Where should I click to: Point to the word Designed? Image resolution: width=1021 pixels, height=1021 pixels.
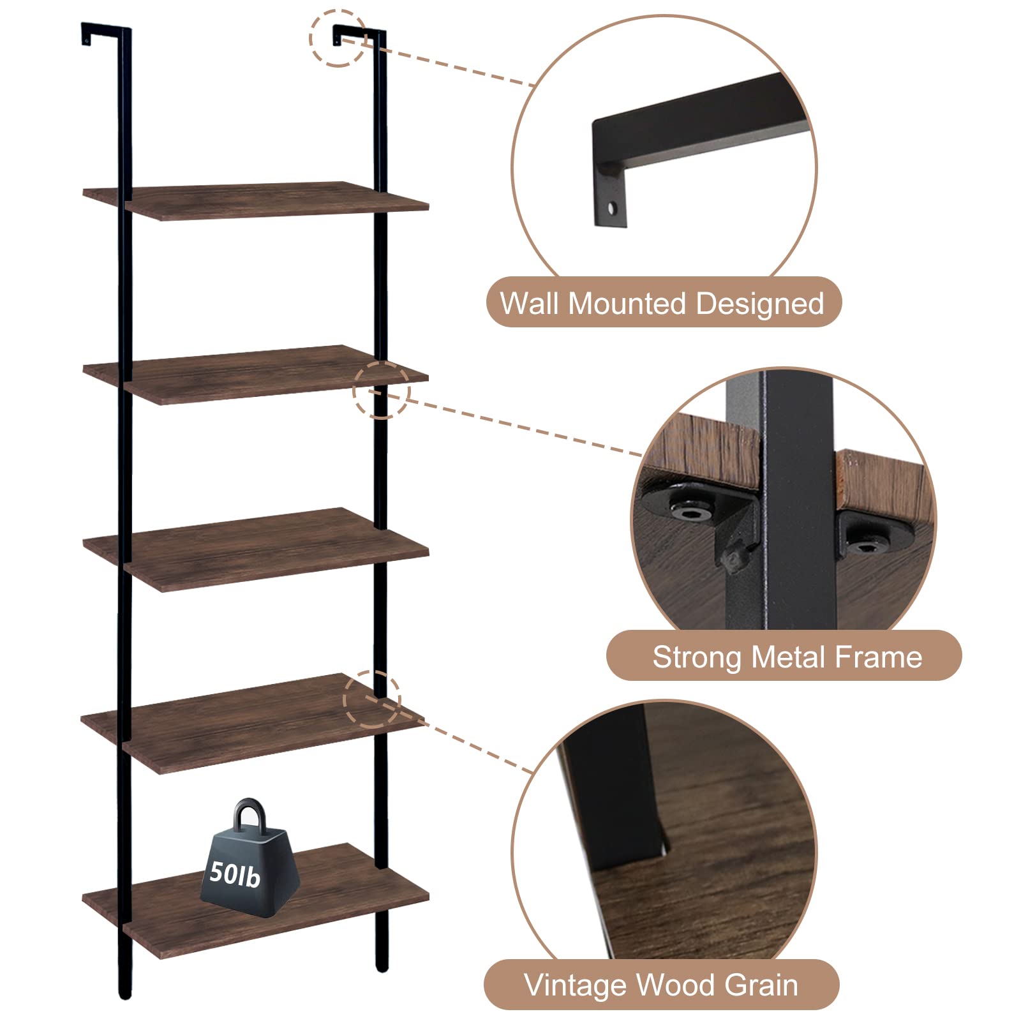[x=759, y=304]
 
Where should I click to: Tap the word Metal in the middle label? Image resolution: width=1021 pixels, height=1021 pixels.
[x=789, y=657]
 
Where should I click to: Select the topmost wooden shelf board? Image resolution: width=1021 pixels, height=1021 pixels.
[x=255, y=200]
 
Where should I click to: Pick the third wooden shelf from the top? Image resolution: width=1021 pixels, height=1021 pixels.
[x=255, y=549]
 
